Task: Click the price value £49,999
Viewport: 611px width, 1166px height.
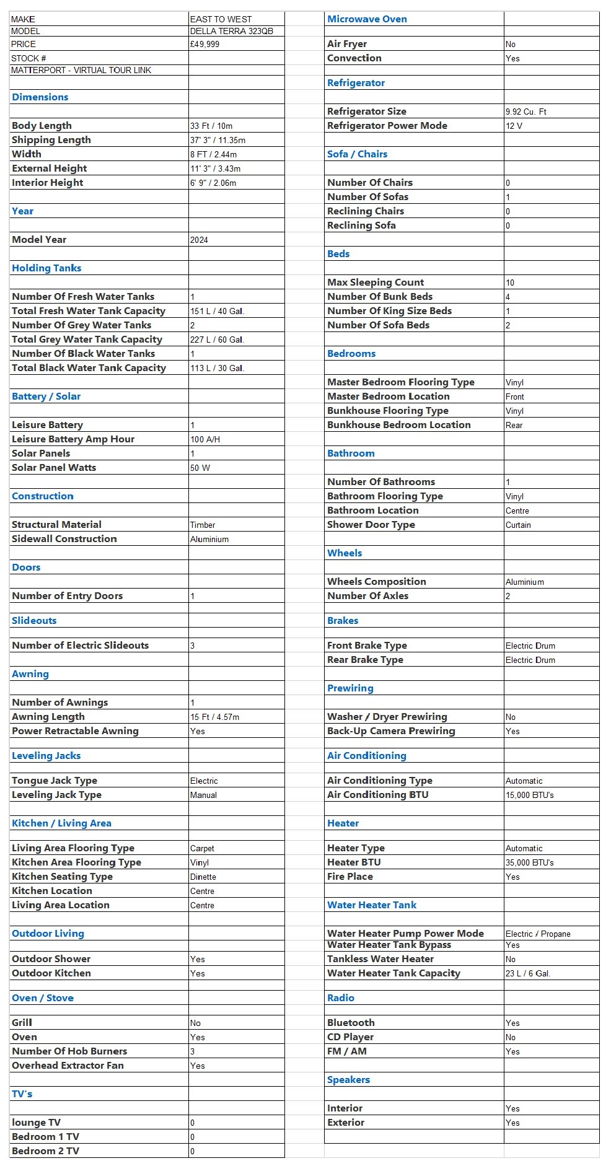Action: click(204, 45)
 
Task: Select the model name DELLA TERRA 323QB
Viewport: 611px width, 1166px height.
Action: click(231, 31)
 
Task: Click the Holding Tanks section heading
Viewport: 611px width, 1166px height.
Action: click(46, 268)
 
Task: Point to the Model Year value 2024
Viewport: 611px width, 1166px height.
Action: click(199, 240)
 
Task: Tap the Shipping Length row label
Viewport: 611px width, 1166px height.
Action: click(51, 140)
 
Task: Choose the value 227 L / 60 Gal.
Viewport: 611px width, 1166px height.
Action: click(217, 340)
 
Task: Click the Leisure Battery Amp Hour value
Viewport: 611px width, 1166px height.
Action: click(205, 440)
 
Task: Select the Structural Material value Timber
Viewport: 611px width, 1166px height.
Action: click(203, 525)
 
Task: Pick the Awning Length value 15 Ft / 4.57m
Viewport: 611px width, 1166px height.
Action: click(214, 717)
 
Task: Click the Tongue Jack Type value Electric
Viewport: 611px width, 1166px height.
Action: click(204, 781)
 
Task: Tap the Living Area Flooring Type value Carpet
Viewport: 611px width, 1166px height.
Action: click(202, 849)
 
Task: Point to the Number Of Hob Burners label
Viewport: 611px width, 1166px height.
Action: click(69, 1051)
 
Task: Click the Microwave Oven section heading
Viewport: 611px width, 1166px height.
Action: click(367, 19)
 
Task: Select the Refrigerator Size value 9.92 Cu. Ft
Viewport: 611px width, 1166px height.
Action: click(525, 112)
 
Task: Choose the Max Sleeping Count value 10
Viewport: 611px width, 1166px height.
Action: click(510, 283)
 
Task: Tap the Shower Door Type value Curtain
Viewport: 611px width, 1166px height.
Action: click(518, 525)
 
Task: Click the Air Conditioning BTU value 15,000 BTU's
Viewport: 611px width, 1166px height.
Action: click(529, 796)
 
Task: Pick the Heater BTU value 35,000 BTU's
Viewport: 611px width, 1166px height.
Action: click(529, 863)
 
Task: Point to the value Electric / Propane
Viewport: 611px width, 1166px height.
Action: click(537, 934)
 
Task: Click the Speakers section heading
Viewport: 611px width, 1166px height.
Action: click(348, 1080)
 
